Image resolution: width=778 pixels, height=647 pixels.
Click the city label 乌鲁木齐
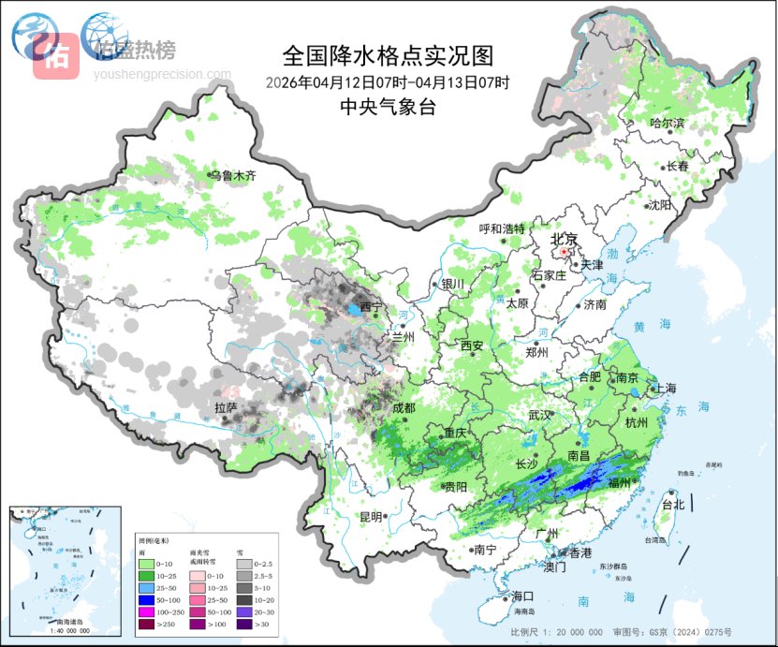tap(232, 175)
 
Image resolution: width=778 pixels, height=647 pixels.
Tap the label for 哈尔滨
tap(668, 124)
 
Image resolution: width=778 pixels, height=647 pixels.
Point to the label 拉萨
tap(226, 407)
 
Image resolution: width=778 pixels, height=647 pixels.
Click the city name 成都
tap(404, 407)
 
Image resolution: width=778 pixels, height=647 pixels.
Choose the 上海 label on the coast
tap(667, 388)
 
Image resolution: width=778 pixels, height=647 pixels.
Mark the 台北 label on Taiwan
tap(673, 505)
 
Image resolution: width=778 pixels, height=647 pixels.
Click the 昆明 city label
tap(370, 516)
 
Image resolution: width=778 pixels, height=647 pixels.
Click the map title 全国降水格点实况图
tap(387, 55)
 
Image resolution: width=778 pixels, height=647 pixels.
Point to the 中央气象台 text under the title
tap(388, 107)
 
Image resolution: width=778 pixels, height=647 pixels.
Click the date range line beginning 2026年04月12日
tap(387, 82)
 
